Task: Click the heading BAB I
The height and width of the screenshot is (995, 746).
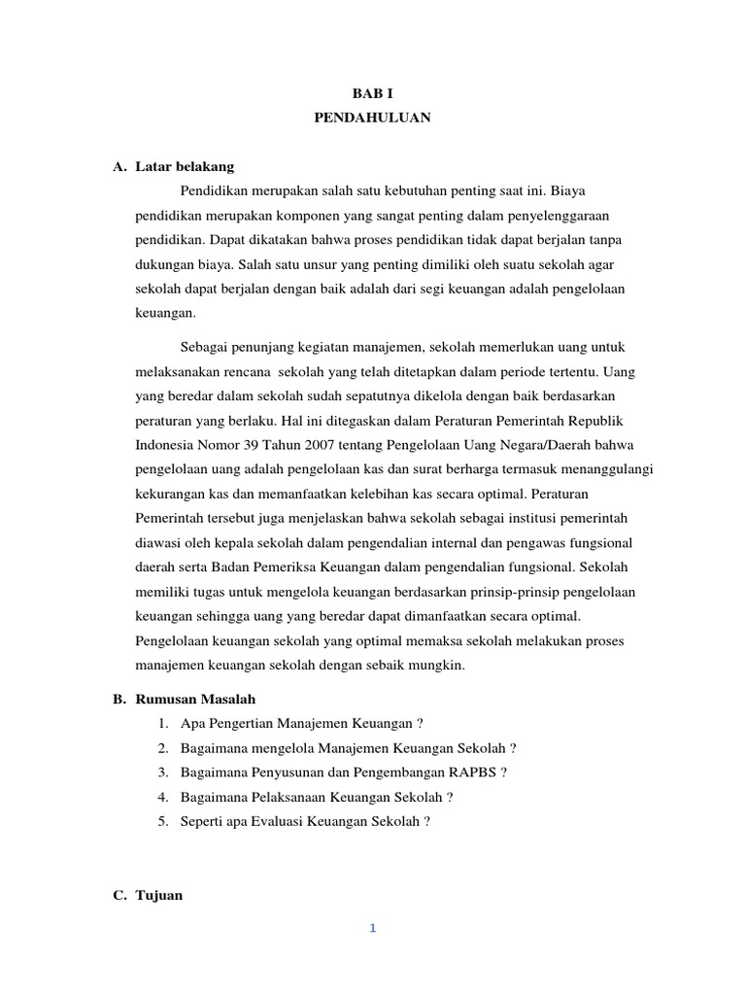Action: pos(373,93)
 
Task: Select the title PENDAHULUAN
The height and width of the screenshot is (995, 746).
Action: pos(373,118)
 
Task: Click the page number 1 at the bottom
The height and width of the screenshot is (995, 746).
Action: pos(372,928)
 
